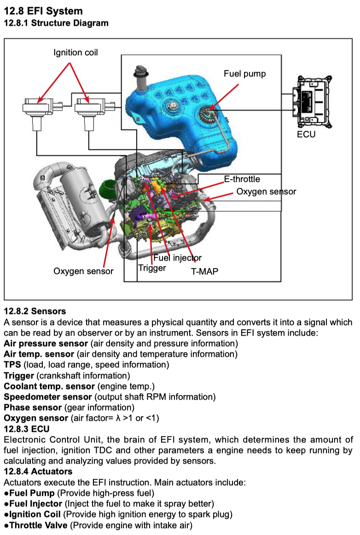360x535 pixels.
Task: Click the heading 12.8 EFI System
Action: pos(43,11)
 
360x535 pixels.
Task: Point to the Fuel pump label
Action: pos(244,74)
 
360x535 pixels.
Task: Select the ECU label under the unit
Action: pos(306,134)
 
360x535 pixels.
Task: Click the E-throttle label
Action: pos(242,179)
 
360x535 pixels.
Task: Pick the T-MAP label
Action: pos(204,272)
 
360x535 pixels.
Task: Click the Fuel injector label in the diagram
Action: pos(177,258)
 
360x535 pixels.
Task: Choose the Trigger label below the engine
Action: pos(152,267)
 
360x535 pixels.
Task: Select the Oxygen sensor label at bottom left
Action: pos(83,271)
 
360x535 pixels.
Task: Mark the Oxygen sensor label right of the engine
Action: pos(266,192)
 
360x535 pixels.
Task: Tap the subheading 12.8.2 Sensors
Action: pos(35,312)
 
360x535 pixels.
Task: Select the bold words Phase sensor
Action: pos(32,407)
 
